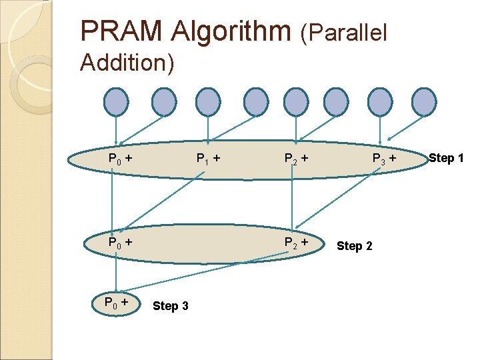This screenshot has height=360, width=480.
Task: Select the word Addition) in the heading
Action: tap(127, 63)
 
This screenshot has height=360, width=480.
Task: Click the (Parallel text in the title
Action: tap(344, 32)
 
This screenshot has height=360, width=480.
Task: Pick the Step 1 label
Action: tap(446, 158)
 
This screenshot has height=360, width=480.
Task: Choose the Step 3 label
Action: tap(171, 306)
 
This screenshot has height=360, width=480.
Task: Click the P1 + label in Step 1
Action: tap(208, 159)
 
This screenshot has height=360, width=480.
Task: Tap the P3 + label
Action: tap(383, 159)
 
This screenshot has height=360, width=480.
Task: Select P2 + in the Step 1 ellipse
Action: tap(295, 159)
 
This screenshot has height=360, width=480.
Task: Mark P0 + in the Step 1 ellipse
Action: tap(120, 159)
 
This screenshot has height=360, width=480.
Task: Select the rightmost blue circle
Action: tap(423, 102)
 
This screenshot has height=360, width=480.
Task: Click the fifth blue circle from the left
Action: tap(294, 102)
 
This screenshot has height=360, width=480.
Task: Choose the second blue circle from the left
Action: tap(164, 102)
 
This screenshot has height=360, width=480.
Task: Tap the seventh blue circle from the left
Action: tap(381, 102)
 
